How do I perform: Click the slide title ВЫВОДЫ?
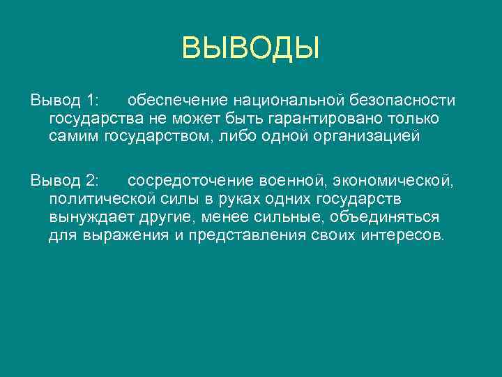point(250,49)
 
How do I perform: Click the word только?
point(416,119)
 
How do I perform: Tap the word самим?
point(74,137)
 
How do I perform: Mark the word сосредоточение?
point(183,182)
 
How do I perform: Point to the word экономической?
point(390,182)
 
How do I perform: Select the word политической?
point(98,200)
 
